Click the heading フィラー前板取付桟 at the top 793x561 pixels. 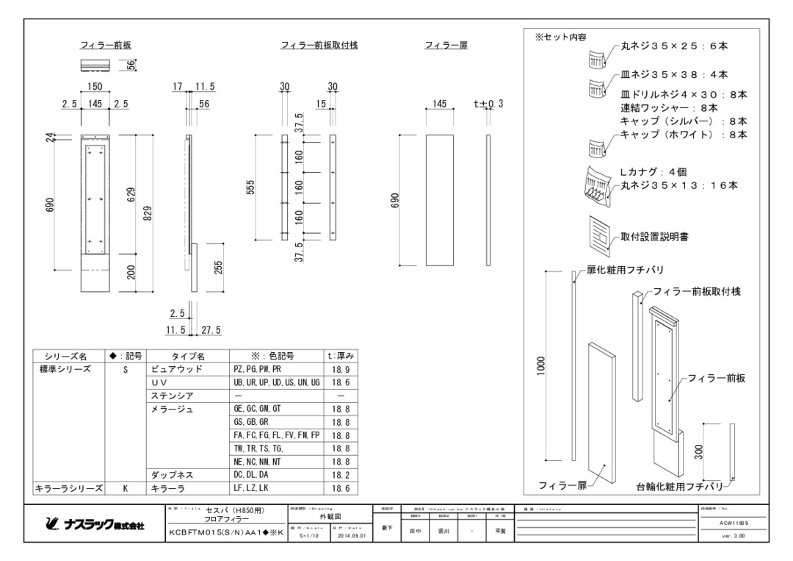[319, 46]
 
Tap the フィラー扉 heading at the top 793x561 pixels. [446, 46]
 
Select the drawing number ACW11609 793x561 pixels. [731, 521]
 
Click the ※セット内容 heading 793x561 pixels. [560, 37]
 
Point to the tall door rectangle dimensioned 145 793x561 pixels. [440, 200]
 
